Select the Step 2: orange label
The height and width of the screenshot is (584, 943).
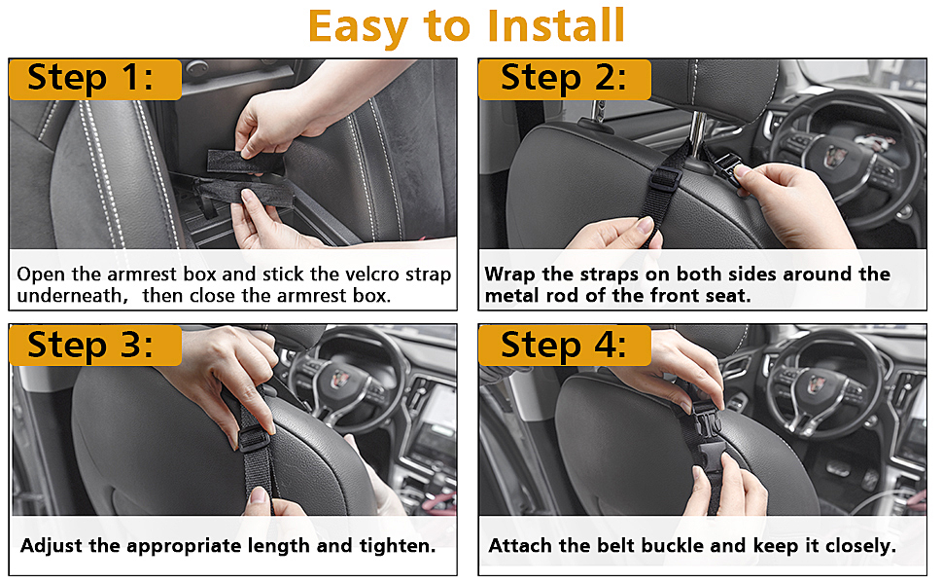coord(564,78)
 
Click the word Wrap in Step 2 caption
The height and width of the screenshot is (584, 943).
coord(510,274)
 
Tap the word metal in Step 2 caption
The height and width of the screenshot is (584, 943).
coord(512,295)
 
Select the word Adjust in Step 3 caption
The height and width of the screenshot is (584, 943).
coord(52,545)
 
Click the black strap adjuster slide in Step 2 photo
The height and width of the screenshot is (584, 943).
coord(665,181)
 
